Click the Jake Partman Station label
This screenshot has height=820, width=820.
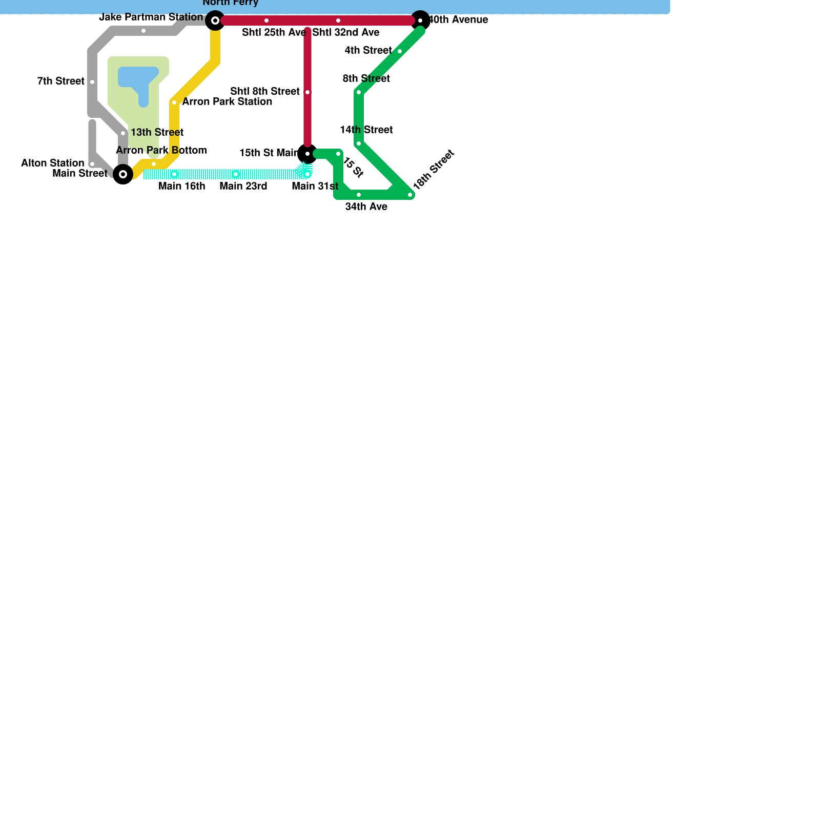click(x=151, y=17)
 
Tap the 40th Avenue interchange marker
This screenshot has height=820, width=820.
click(x=420, y=20)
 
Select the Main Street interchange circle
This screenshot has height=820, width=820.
click(x=123, y=174)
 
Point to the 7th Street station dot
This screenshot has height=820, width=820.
click(x=92, y=82)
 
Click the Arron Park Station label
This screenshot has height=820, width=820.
click(x=227, y=102)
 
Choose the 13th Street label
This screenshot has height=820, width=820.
click(x=157, y=133)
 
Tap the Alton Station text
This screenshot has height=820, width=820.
click(x=52, y=163)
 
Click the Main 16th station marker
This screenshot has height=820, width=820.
click(x=174, y=174)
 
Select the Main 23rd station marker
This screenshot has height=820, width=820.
click(x=236, y=174)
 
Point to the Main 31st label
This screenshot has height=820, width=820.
click(x=315, y=187)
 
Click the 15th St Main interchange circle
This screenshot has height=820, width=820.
click(x=307, y=154)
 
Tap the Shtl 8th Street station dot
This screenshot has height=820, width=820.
click(x=307, y=92)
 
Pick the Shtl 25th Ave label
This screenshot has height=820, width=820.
click(x=274, y=33)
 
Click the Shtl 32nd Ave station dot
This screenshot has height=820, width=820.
click(x=338, y=20)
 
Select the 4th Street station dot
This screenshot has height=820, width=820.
click(x=400, y=51)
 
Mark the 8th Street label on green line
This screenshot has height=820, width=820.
click(x=366, y=79)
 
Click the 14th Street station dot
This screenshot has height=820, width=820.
click(x=359, y=143)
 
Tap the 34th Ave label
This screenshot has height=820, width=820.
click(x=366, y=207)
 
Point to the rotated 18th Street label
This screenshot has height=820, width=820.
click(x=434, y=170)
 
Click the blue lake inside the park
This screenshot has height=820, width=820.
click(x=137, y=77)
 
